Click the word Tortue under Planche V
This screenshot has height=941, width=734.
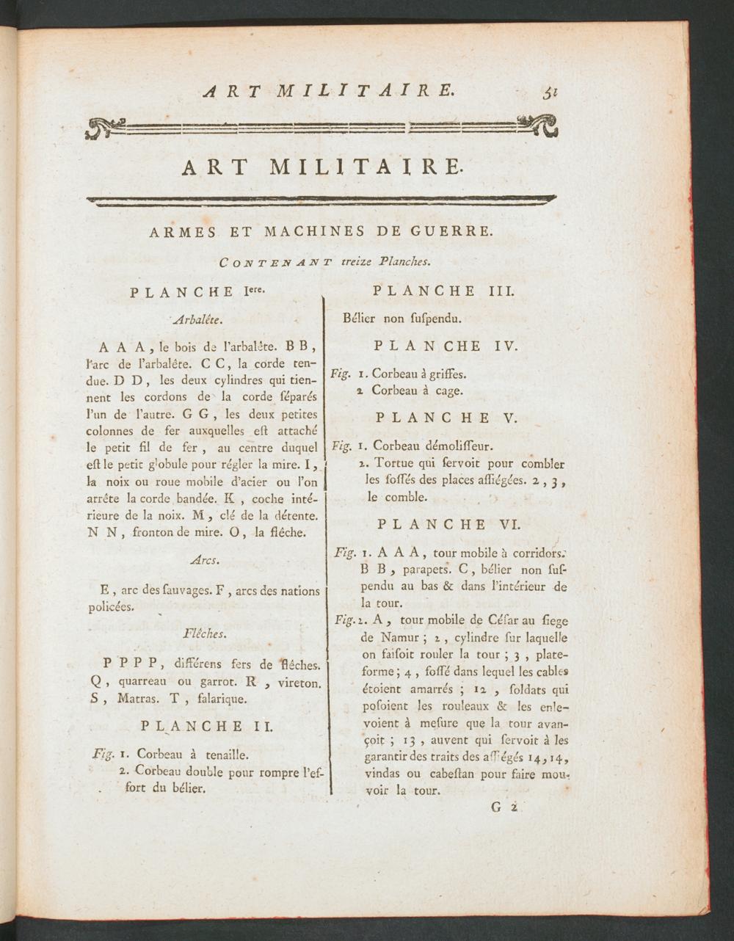click(394, 464)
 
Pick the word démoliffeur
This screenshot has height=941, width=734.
click(454, 446)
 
